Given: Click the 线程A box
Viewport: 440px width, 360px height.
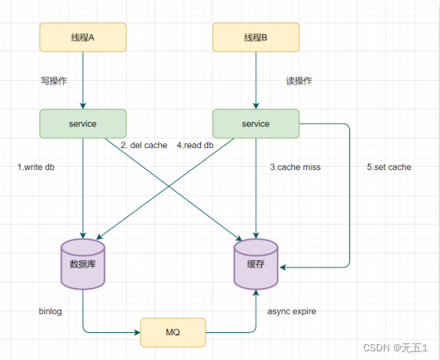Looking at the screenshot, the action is [83, 37].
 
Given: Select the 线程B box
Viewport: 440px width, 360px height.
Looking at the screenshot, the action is [256, 37].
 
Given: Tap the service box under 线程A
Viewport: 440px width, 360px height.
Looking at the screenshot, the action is [83, 123].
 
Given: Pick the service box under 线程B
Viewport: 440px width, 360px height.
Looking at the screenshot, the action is [256, 123].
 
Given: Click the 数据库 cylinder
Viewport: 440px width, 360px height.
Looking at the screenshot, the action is [83, 264].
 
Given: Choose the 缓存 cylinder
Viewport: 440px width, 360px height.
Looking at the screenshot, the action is [256, 264].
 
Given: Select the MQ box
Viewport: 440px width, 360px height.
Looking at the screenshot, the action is [173, 332].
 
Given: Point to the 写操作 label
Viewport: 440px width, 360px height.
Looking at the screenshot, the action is [54, 81].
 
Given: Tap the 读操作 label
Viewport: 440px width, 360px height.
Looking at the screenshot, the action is [299, 81].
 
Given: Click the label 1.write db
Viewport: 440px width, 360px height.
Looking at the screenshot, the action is [36, 167].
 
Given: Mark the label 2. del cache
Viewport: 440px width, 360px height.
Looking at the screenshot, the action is [144, 146].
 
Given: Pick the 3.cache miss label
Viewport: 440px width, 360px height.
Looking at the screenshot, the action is [295, 167].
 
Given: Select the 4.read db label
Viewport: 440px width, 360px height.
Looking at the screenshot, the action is [195, 146].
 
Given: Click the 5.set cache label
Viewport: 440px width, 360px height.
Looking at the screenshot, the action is [389, 167].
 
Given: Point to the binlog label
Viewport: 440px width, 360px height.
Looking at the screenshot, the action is [50, 311].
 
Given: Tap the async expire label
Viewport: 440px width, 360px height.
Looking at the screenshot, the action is [292, 312].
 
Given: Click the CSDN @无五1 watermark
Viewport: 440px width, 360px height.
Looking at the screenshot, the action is [396, 348].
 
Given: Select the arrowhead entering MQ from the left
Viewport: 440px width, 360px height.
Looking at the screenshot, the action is [137, 332].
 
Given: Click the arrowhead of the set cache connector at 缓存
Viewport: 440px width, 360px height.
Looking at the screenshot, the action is [283, 267].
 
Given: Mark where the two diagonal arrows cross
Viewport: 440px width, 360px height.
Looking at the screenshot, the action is [169, 186].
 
